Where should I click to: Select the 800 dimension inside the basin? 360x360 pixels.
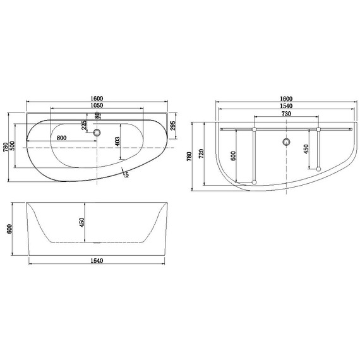(x=62, y=137)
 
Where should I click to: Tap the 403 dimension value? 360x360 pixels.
(x=118, y=141)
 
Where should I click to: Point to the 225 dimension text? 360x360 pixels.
(x=84, y=125)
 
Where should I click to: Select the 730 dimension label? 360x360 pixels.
(x=285, y=115)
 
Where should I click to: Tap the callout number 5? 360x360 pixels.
(x=126, y=175)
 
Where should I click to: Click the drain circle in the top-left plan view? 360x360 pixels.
(x=97, y=133)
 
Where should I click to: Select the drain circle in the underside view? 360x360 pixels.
(x=286, y=141)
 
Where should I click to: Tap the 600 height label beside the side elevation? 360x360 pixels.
(x=9, y=229)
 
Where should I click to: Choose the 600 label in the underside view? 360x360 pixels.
(x=233, y=156)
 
